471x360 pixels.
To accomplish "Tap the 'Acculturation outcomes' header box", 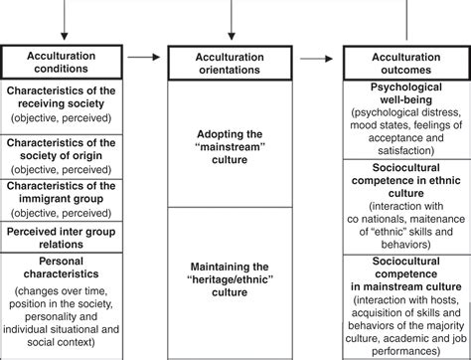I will click(404, 65).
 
